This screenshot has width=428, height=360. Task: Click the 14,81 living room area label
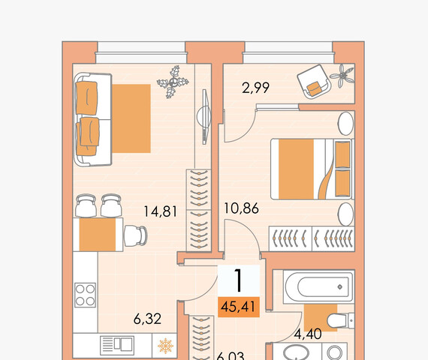(160, 211)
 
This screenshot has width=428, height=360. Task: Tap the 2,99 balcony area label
(255, 88)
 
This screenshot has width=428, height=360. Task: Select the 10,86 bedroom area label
(241, 208)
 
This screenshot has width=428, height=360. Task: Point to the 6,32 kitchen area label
(147, 319)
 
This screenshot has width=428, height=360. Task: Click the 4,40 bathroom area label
(308, 334)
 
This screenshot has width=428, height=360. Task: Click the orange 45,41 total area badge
(239, 307)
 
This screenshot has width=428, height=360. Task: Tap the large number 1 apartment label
(239, 280)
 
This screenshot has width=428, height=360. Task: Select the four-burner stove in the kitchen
(85, 295)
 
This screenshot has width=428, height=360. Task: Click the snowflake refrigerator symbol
(165, 346)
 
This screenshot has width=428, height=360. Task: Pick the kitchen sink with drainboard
(117, 345)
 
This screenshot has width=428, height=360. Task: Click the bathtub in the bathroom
(318, 286)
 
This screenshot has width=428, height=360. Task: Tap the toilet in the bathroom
(340, 320)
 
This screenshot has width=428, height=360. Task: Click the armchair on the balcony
(314, 82)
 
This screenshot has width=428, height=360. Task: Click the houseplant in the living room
(173, 82)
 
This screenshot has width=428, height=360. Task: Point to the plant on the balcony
(342, 76)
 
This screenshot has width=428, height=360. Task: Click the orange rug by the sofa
(131, 118)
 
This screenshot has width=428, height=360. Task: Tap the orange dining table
(98, 235)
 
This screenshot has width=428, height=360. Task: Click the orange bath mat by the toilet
(321, 318)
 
